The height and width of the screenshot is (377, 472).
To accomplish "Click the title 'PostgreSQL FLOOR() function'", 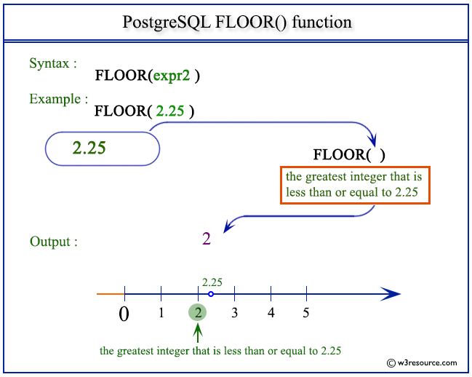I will click(236, 22).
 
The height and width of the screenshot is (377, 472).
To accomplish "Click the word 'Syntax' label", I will click(52, 63).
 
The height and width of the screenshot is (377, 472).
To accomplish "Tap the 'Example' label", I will click(58, 99).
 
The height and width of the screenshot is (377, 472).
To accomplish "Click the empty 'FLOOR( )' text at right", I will click(348, 154).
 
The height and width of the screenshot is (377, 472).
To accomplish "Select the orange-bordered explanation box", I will click(355, 185).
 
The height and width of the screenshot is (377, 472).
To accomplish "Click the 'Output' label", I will click(53, 242).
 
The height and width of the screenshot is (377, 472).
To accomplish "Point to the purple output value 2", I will click(207, 239).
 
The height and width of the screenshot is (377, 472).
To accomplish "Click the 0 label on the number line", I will click(124, 314).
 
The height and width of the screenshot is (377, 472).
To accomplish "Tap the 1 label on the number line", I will click(161, 313).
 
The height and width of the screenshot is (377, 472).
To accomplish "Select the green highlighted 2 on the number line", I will click(198, 313).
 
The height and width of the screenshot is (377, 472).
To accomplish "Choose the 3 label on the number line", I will click(234, 313).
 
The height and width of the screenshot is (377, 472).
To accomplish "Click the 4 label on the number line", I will click(271, 313).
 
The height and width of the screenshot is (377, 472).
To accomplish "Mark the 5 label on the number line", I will click(306, 313).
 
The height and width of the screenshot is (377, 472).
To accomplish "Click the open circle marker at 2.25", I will click(210, 294).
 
